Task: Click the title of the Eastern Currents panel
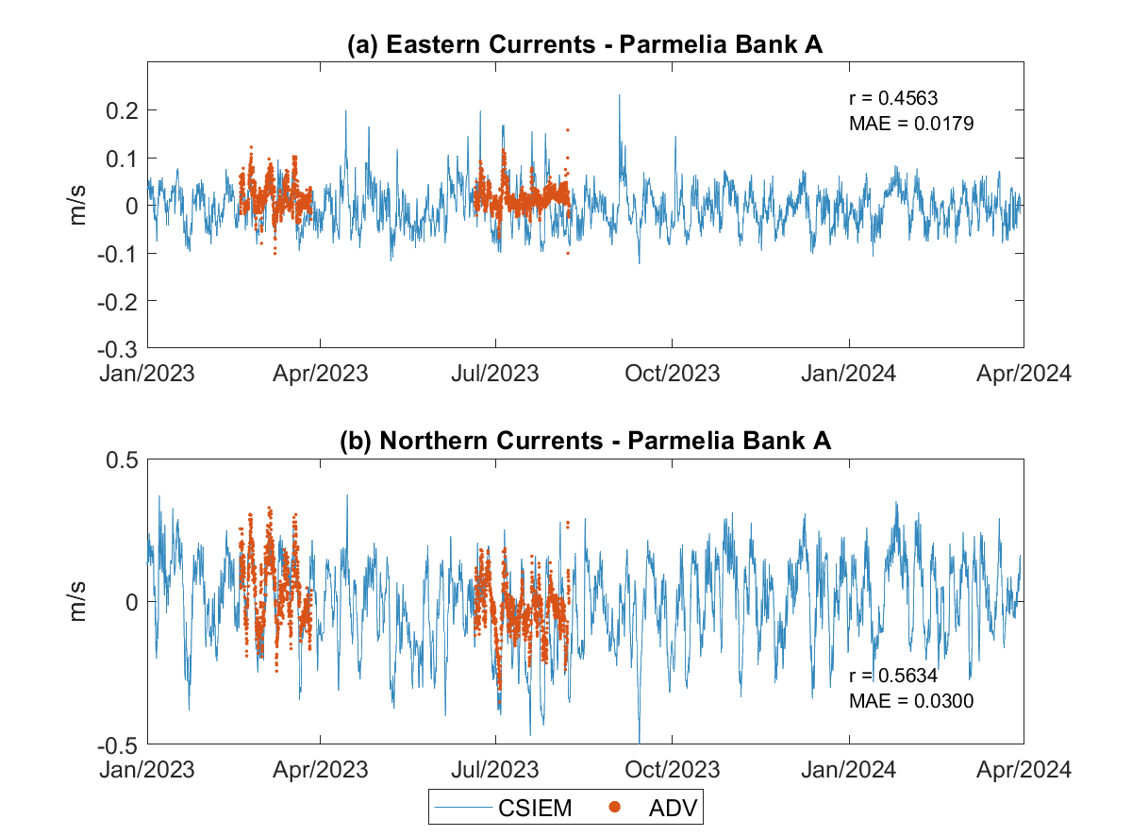tap(586, 44)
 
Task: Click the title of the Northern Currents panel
tap(586, 441)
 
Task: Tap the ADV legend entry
tap(676, 808)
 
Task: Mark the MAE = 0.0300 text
tap(911, 701)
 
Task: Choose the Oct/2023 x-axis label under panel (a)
tap(672, 373)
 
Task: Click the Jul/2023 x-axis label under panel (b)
tap(495, 769)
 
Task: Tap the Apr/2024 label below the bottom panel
tap(1024, 769)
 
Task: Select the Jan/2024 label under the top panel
tap(848, 373)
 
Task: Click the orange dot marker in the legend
tap(613, 808)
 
